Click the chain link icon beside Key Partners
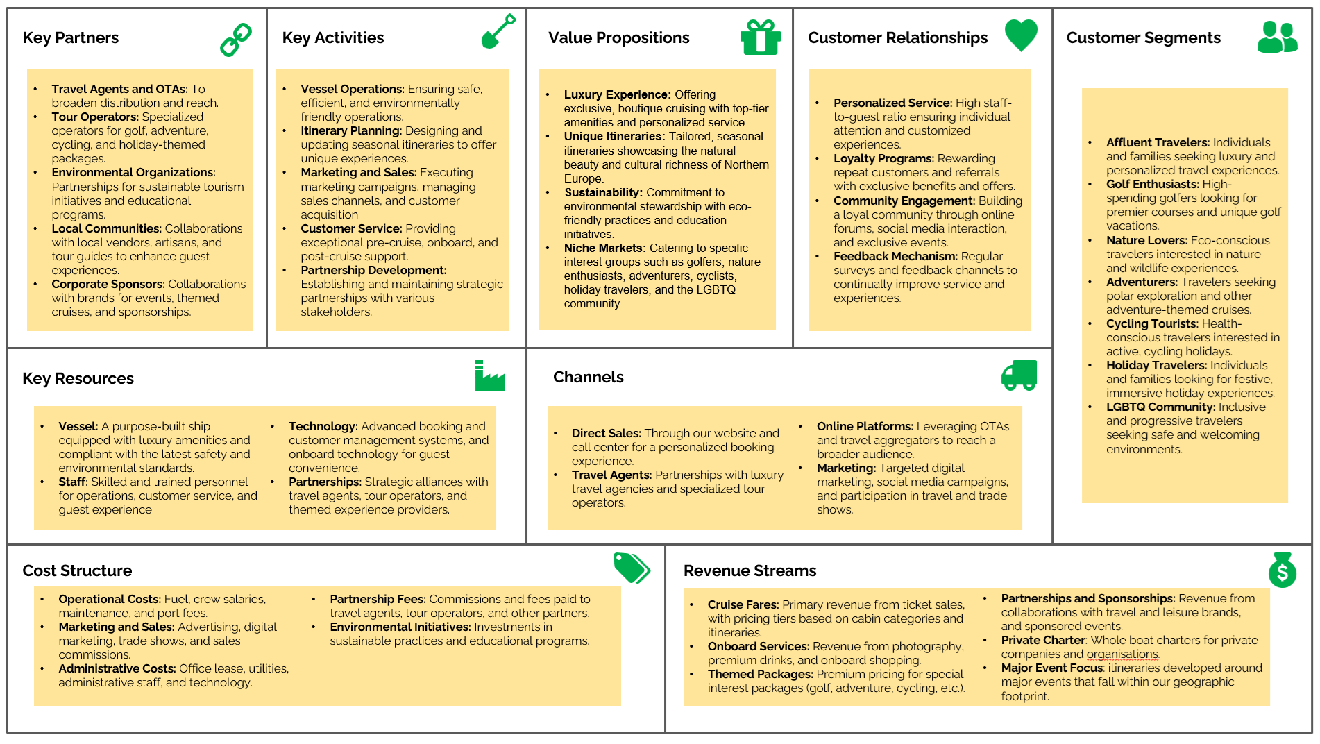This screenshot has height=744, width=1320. pos(236,39)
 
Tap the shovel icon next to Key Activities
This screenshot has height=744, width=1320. pos(498,31)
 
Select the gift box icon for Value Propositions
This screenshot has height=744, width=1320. pos(760,37)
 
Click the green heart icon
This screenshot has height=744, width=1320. pos(1021,34)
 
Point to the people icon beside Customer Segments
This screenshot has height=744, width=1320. pos(1277,37)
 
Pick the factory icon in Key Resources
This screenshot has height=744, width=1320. pos(489,376)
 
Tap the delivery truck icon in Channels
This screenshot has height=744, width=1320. pos(1019,375)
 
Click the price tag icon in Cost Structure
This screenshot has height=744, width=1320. pos(632,568)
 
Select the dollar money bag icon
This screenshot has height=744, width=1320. pos(1282,570)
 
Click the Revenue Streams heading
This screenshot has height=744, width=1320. pos(750,570)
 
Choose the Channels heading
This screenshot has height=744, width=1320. pos(588,377)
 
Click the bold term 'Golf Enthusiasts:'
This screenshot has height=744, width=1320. pos(1152,184)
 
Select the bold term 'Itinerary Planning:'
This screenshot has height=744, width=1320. pos(351,130)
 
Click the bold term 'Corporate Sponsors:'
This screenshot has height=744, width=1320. pos(108,284)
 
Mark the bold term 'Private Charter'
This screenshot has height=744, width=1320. pos(1042,640)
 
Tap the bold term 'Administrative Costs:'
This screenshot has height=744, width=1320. pos(117,668)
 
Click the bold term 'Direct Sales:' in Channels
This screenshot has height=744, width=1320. pos(606,433)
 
